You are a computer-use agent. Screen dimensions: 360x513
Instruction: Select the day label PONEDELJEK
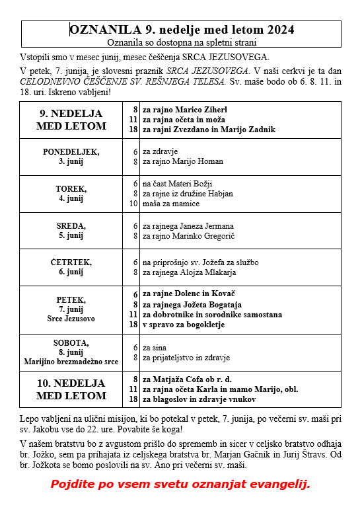click(71, 151)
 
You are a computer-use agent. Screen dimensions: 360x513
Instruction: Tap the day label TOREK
click(71, 188)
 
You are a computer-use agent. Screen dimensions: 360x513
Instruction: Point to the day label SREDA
click(71, 225)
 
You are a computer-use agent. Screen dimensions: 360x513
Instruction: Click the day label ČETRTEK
click(71, 262)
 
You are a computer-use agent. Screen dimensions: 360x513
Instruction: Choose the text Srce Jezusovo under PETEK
click(71, 319)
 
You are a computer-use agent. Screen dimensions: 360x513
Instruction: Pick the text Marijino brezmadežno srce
click(71, 362)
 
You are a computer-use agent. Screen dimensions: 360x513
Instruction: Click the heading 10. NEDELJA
click(71, 383)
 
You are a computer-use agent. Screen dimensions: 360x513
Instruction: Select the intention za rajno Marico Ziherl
click(185, 108)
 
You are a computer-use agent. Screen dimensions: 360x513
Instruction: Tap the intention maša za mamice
click(167, 204)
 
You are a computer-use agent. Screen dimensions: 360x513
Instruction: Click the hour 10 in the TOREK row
click(133, 204)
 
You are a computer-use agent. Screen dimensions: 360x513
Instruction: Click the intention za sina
click(154, 348)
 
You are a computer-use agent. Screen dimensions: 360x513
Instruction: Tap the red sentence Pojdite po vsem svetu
click(180, 484)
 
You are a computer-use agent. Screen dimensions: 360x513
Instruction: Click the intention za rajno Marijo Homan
click(183, 161)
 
